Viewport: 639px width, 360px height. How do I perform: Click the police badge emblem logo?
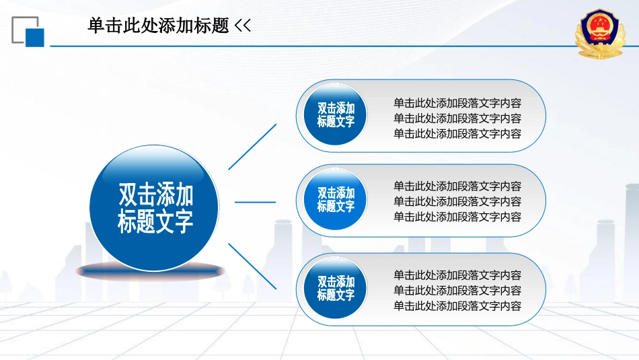pos(600,34)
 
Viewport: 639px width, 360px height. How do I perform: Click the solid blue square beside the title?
pos(34,38)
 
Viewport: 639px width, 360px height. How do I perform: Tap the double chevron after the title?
pos(242,26)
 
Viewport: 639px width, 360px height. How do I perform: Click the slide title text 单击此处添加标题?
pos(158,26)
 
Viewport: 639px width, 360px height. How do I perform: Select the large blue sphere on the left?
pos(154,207)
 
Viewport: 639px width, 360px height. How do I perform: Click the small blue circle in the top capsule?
pos(336,114)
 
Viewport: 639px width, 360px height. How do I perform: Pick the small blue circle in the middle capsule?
pos(336,199)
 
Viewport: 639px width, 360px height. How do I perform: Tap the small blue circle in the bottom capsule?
pos(336,288)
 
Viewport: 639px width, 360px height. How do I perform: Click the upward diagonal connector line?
pos(252,147)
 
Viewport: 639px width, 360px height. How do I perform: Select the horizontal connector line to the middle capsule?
pos(255,202)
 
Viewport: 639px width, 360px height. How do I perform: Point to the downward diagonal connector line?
pos(252,266)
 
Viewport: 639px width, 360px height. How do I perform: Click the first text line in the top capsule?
pos(457,103)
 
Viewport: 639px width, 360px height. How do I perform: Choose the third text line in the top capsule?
pos(457,134)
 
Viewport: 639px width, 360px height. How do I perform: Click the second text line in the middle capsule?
pos(457,201)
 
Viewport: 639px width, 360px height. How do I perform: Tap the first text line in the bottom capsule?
pos(457,275)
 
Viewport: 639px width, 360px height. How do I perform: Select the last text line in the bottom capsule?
pos(457,305)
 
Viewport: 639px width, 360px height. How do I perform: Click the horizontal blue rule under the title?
pos(314,46)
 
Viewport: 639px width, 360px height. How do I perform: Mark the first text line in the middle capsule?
pos(457,186)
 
